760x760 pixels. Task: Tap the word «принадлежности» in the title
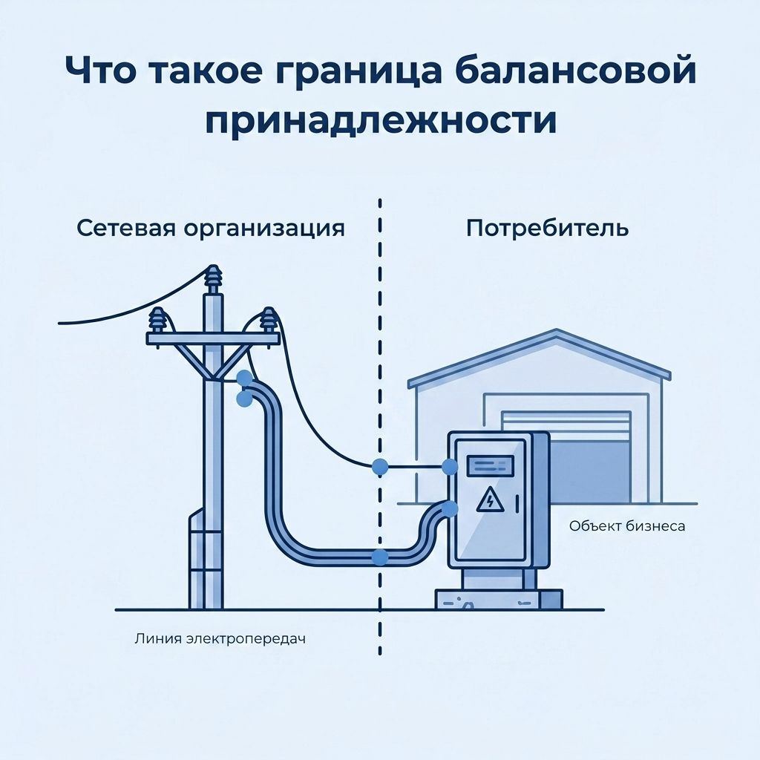[381, 121]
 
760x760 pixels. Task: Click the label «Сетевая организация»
[211, 229]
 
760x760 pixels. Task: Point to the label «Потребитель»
[547, 228]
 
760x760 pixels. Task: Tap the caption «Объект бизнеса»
[627, 526]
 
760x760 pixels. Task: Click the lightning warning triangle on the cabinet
[490, 499]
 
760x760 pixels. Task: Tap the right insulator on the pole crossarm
[267, 320]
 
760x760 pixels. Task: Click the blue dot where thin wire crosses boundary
[380, 468]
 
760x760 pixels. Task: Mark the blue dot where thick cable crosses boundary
[381, 557]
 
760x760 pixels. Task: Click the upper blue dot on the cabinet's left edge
[451, 468]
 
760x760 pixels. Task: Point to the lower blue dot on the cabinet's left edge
[451, 508]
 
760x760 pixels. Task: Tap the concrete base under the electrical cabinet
[499, 599]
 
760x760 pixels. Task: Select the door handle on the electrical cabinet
[518, 504]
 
